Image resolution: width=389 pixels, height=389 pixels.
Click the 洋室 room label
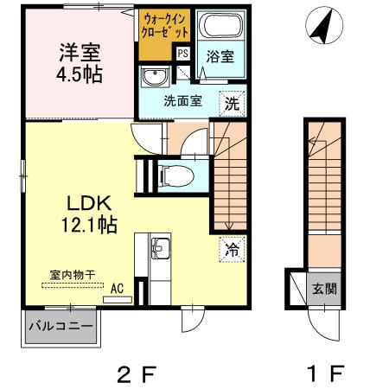point(80,52)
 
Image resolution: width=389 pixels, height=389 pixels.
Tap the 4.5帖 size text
point(80,74)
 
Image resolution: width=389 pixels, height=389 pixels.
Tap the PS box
point(182,53)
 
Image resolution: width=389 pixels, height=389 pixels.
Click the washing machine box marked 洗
point(232,101)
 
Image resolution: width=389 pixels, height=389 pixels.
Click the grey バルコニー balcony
point(58,328)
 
